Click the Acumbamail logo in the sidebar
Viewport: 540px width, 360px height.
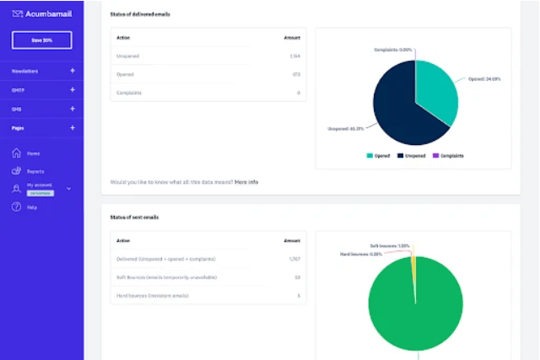[41, 13]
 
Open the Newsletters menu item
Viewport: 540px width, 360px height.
[25, 71]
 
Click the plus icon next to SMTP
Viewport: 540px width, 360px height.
[73, 89]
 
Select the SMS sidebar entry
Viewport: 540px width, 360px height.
[17, 109]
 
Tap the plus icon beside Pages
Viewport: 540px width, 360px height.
[73, 127]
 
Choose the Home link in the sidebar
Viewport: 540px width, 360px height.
[33, 153]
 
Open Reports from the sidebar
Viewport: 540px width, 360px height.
[35, 171]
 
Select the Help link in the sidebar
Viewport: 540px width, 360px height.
[32, 207]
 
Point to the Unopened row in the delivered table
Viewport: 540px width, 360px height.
[128, 56]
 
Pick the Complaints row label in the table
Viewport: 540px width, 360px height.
[130, 93]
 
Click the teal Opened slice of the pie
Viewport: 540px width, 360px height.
[437, 89]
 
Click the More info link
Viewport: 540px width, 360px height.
[246, 181]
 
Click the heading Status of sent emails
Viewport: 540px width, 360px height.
[135, 218]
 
